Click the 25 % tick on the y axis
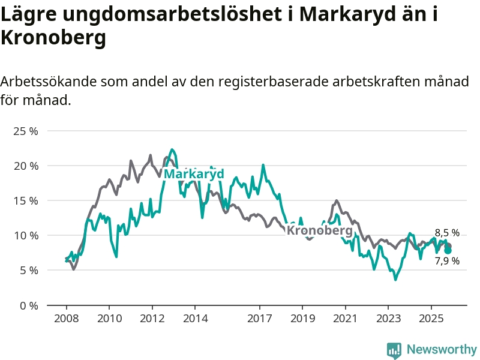click(x=26, y=131)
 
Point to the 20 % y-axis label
click(x=26, y=166)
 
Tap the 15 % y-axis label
click(x=26, y=200)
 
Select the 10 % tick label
click(x=26, y=235)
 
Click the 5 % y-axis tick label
click(x=28, y=270)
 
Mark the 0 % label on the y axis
click(x=28, y=305)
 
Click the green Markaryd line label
click(x=194, y=174)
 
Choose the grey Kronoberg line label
click(x=319, y=230)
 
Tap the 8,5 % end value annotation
click(x=447, y=233)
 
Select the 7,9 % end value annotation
click(x=447, y=261)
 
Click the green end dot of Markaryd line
click(x=448, y=250)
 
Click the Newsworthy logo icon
click(x=394, y=350)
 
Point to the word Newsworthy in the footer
click(x=442, y=349)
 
